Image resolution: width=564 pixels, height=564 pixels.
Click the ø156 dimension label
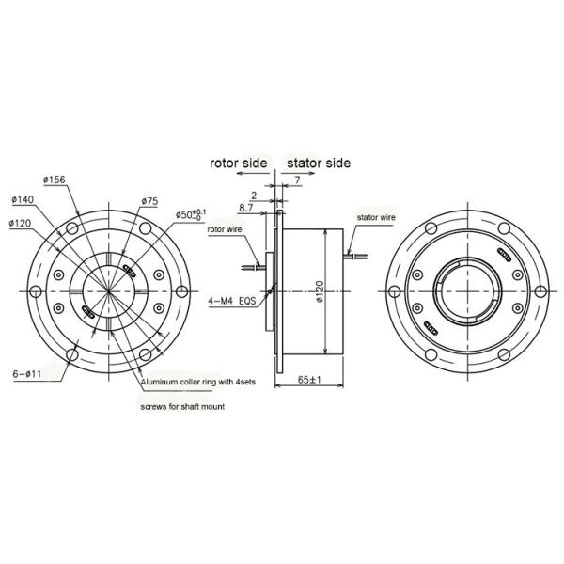53,180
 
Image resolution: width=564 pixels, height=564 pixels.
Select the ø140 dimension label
23,199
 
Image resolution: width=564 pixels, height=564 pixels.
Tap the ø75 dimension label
149,201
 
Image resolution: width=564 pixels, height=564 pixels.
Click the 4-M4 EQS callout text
231,303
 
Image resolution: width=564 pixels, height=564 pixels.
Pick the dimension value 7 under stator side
296,180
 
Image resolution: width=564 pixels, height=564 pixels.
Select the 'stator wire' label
376,217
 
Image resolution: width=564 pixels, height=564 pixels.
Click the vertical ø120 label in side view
319,293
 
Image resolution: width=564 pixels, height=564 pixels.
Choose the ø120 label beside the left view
22,223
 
